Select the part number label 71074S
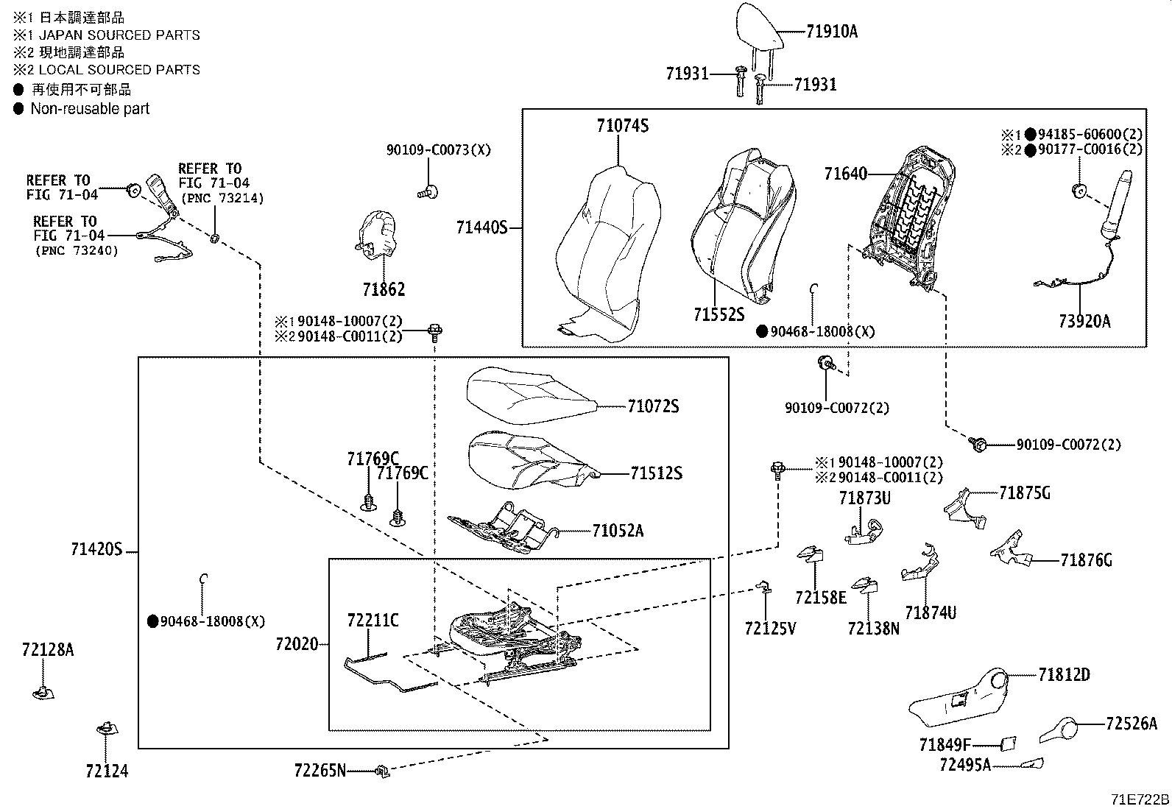pyautogui.click(x=623, y=126)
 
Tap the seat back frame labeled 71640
pyautogui.click(x=913, y=220)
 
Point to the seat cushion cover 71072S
pyautogui.click(x=531, y=395)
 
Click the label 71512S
pyautogui.click(x=656, y=473)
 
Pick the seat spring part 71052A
pyautogui.click(x=502, y=528)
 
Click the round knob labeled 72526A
pyautogui.click(x=1059, y=729)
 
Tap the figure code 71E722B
pyautogui.click(x=1140, y=799)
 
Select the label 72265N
pyautogui.click(x=320, y=771)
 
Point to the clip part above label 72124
pyautogui.click(x=107, y=729)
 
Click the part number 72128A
pyautogui.click(x=48, y=649)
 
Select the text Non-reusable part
pyautogui.click(x=90, y=109)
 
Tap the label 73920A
pyautogui.click(x=1084, y=321)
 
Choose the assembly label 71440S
pyautogui.click(x=482, y=227)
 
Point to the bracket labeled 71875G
pyautogui.click(x=965, y=509)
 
